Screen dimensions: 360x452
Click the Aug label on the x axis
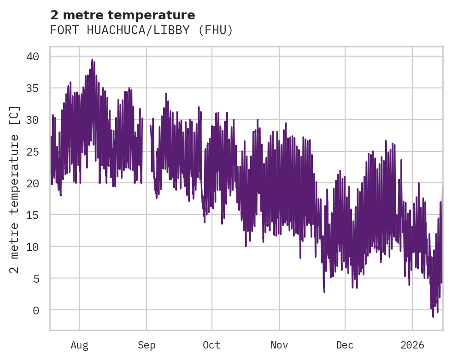(79, 345)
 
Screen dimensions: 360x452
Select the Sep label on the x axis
(147, 345)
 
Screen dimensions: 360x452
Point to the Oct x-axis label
(212, 345)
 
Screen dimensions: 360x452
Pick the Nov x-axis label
(279, 345)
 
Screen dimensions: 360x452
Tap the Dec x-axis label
(345, 345)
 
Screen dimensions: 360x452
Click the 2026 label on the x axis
(412, 345)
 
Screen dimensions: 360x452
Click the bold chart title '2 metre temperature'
(123, 15)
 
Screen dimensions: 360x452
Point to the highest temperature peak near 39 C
(92, 60)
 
